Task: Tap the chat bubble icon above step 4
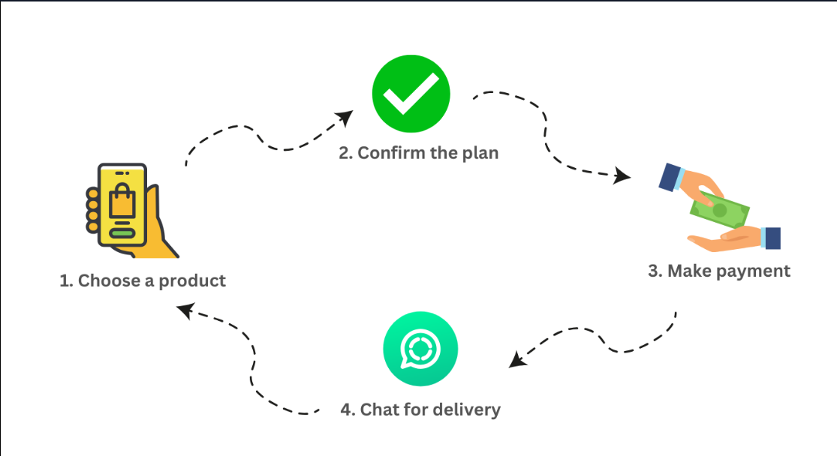[x=420, y=349]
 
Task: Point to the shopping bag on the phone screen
[x=122, y=201]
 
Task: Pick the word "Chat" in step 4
[x=379, y=409]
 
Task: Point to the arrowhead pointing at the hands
[x=622, y=177]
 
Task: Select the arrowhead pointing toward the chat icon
[x=516, y=360]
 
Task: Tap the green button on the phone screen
[x=122, y=232]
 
